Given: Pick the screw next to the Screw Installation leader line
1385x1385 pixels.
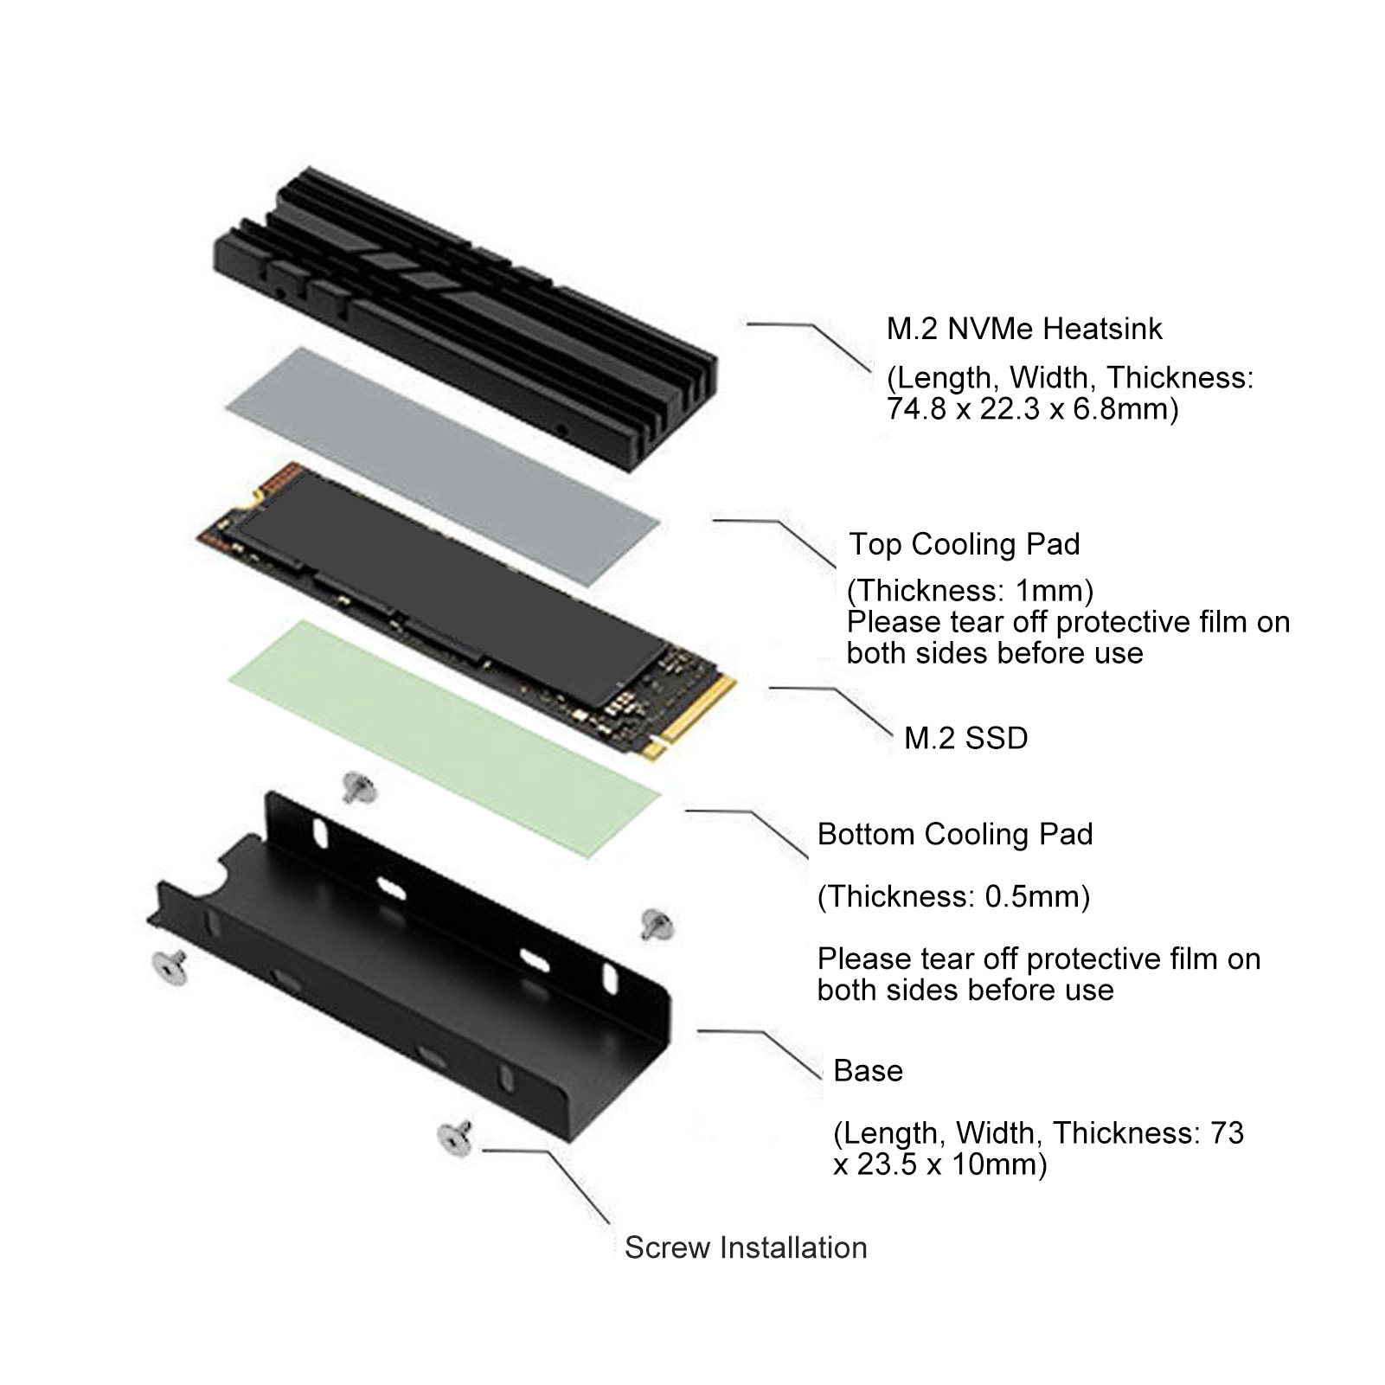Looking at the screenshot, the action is [455, 1137].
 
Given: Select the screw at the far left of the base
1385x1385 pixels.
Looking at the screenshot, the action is [170, 967].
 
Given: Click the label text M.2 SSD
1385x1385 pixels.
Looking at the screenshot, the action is [965, 738].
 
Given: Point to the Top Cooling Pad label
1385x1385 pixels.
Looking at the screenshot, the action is [965, 544].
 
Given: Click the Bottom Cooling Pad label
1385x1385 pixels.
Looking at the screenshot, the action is [955, 834].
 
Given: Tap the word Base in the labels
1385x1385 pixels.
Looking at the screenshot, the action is [868, 1071].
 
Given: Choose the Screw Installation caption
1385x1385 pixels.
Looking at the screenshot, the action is [746, 1247].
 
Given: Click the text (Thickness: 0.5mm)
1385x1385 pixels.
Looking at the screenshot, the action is [953, 896].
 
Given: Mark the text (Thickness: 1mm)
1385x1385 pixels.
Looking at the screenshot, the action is [970, 591].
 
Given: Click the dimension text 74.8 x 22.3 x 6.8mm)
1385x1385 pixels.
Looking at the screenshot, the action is [1033, 408].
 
